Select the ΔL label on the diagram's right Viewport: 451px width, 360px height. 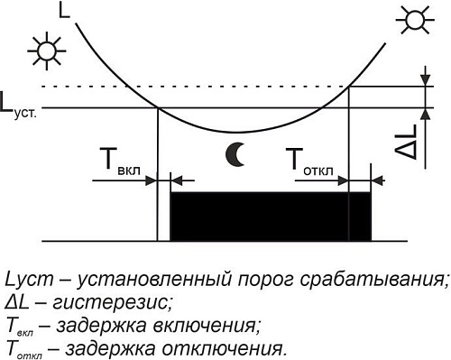pos(408,143)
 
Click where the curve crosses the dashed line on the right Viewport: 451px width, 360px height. pos(347,87)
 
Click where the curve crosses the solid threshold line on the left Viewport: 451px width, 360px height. pos(159,107)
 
